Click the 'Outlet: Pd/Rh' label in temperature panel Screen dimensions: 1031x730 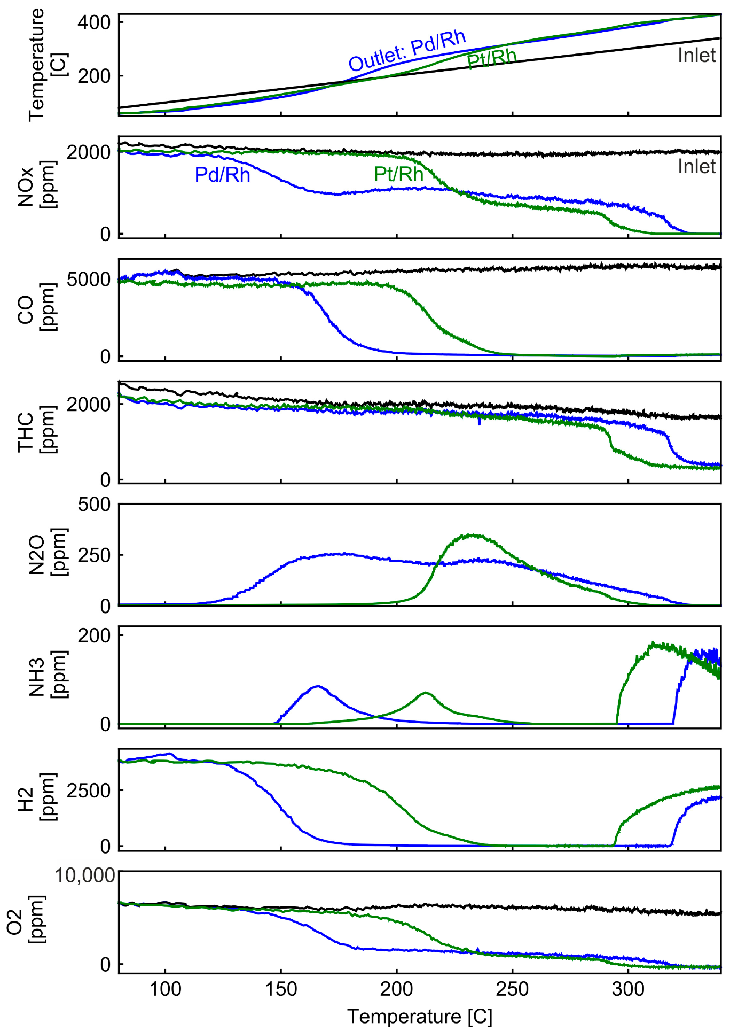click(x=407, y=51)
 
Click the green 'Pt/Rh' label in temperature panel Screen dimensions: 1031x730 click(x=491, y=59)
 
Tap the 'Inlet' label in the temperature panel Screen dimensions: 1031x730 click(x=696, y=56)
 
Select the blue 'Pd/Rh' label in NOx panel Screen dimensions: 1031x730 click(x=222, y=175)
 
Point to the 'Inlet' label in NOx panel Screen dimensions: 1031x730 click(x=696, y=167)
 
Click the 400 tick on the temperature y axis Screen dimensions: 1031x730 click(x=94, y=22)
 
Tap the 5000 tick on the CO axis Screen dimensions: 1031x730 click(x=88, y=280)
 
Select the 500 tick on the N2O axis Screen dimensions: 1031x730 click(x=94, y=505)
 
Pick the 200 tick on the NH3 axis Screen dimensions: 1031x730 click(x=94, y=635)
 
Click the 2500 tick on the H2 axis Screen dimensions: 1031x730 click(x=88, y=790)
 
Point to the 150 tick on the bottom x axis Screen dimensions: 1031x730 click(x=281, y=989)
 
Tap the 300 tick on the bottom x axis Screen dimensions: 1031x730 click(x=628, y=989)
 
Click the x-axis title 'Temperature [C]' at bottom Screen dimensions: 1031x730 click(x=419, y=1017)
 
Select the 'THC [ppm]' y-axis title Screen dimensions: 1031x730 click(x=36, y=432)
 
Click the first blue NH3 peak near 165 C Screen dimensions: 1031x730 click(x=318, y=686)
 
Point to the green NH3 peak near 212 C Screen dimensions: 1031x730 click(x=425, y=693)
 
